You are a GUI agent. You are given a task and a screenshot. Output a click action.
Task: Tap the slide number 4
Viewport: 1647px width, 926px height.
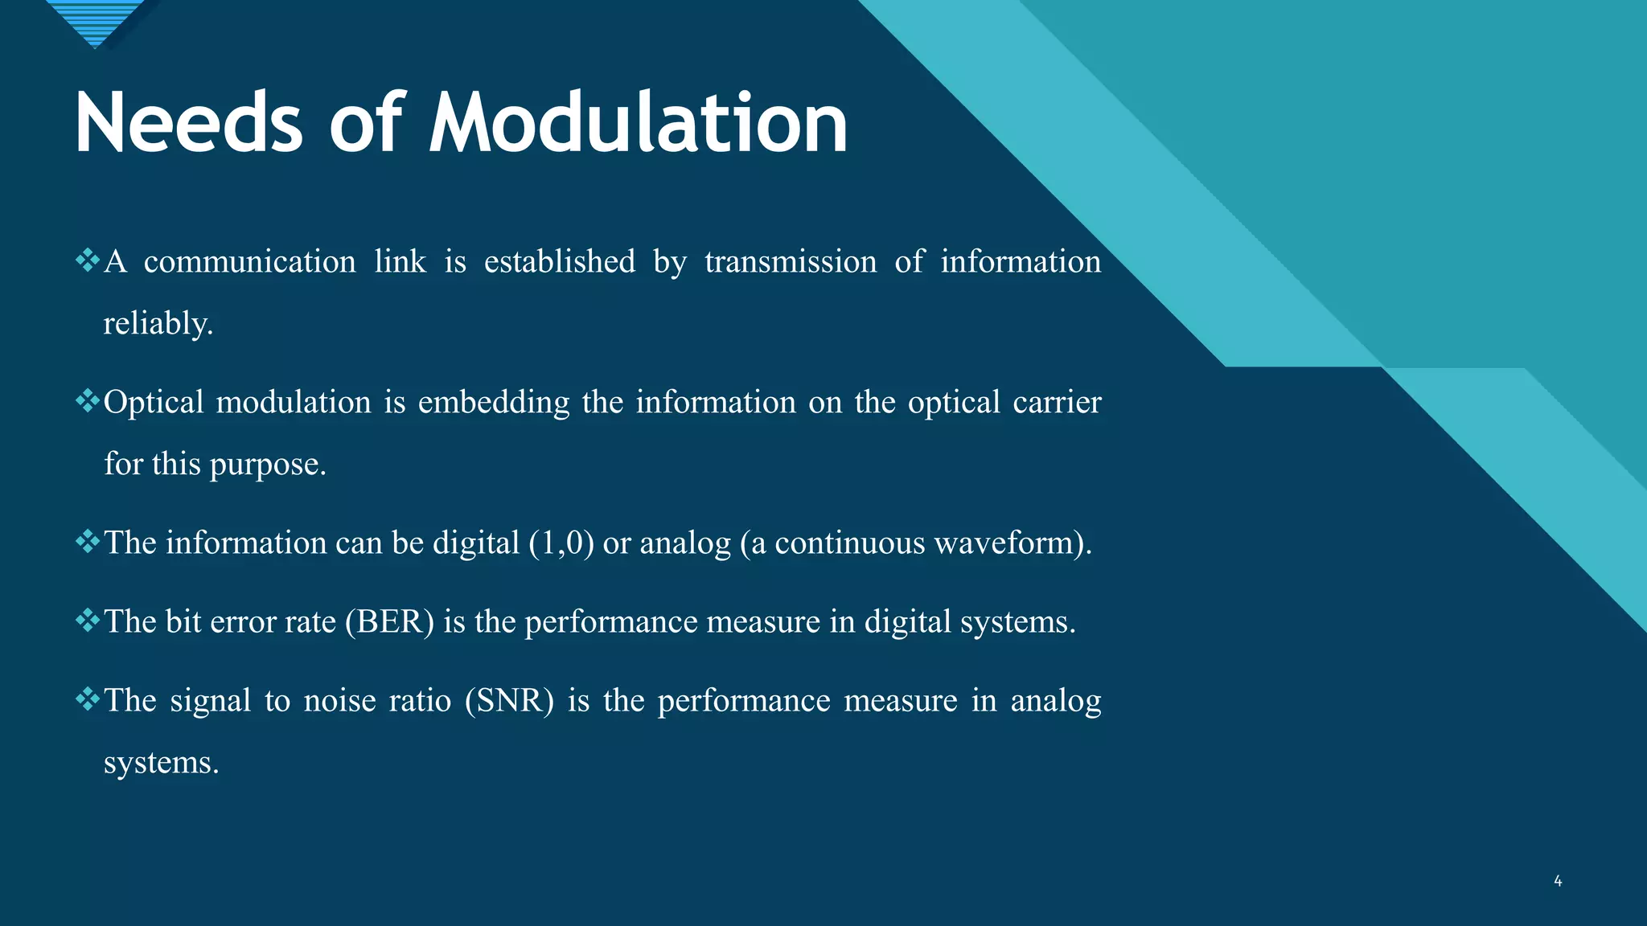1558,881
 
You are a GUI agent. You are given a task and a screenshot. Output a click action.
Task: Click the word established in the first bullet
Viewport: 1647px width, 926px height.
559,262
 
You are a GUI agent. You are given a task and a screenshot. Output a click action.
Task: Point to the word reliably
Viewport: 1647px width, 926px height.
158,324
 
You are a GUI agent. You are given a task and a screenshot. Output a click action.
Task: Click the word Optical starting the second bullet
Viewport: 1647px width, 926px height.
154,403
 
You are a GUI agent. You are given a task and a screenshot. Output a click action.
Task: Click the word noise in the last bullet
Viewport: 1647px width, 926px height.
337,701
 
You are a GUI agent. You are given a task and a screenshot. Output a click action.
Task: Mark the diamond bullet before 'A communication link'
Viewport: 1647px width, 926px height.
87,260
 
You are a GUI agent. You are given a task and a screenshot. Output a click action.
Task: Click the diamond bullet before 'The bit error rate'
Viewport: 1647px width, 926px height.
87,620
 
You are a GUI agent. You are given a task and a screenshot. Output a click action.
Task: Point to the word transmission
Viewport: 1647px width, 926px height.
791,262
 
